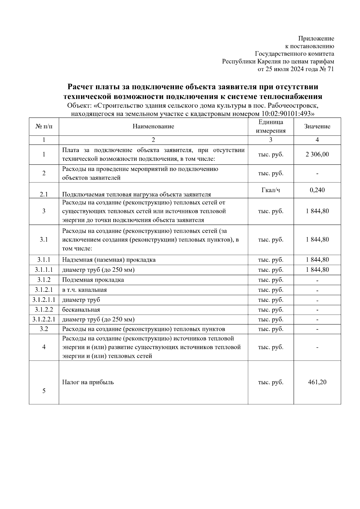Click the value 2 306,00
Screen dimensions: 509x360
click(317, 154)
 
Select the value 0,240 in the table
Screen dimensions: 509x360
click(317, 190)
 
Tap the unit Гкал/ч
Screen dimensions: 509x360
click(271, 190)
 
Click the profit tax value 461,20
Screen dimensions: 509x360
click(317, 382)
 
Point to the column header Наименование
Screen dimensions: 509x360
click(153, 127)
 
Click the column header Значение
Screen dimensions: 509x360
click(317, 127)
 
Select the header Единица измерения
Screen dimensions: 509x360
click(271, 127)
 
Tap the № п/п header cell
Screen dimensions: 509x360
click(44, 127)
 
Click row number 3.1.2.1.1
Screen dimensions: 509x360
click(44, 300)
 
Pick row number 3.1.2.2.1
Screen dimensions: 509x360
click(44, 319)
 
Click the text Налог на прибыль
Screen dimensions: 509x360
click(88, 382)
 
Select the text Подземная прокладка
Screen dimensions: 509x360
click(93, 280)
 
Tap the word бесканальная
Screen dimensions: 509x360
click(81, 310)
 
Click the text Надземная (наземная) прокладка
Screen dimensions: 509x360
click(109, 260)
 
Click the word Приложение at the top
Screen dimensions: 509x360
click(316, 38)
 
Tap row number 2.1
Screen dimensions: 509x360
click(44, 194)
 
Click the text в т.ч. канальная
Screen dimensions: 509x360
click(84, 290)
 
